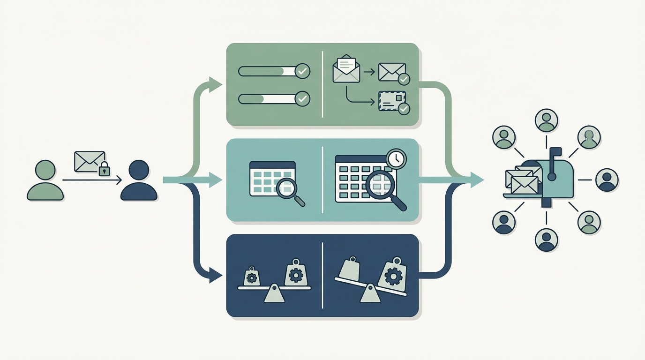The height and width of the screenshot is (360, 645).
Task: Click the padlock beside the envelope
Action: pyautogui.click(x=104, y=169)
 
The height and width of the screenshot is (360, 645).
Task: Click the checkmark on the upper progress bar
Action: pyautogui.click(x=303, y=71)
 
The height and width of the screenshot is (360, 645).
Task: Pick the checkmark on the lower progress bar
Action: pyautogui.click(x=303, y=99)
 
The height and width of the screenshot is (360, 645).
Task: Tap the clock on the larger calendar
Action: pyautogui.click(x=397, y=158)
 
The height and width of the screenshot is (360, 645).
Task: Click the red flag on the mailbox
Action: pyautogui.click(x=555, y=151)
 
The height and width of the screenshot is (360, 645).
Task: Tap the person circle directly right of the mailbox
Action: pyautogui.click(x=607, y=180)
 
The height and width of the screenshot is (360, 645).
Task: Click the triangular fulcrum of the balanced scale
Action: pyautogui.click(x=274, y=295)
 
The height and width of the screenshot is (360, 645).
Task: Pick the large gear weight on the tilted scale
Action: pyautogui.click(x=391, y=275)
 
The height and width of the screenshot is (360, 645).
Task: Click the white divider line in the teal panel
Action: pyautogui.click(x=322, y=180)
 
